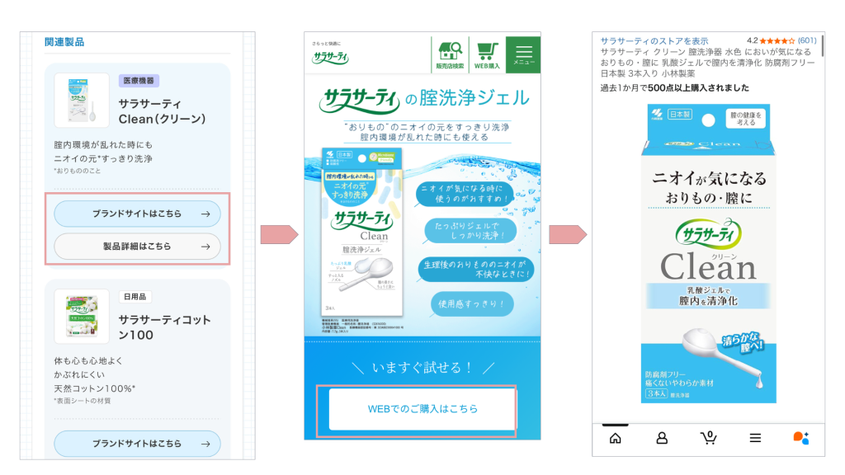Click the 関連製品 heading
[64, 42]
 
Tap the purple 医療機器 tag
[139, 81]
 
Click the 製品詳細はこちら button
[137, 246]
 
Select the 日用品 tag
[135, 296]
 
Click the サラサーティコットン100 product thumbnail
[82, 316]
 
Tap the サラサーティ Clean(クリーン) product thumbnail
[82, 101]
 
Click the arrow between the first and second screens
[278, 235]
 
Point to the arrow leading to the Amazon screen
[567, 235]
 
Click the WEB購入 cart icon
[487, 51]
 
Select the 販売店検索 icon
[450, 51]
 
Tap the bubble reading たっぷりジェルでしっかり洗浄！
[472, 229]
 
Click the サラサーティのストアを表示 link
[654, 40]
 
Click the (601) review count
[807, 40]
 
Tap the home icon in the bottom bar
[615, 438]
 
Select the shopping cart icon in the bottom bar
[708, 438]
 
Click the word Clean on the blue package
[708, 266]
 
